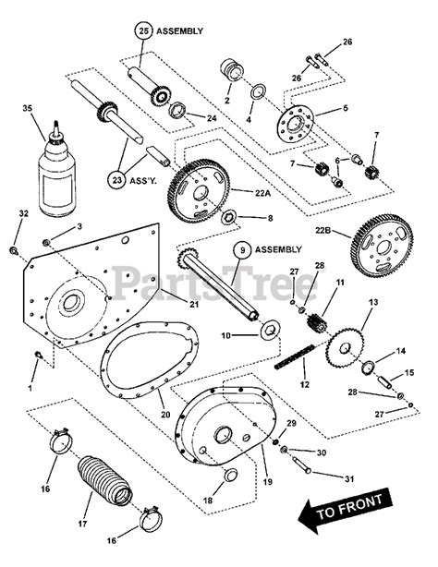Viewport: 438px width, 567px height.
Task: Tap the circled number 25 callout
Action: point(143,30)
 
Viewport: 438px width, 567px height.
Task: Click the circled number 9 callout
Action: point(240,248)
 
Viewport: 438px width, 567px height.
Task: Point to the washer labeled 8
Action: point(229,219)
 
